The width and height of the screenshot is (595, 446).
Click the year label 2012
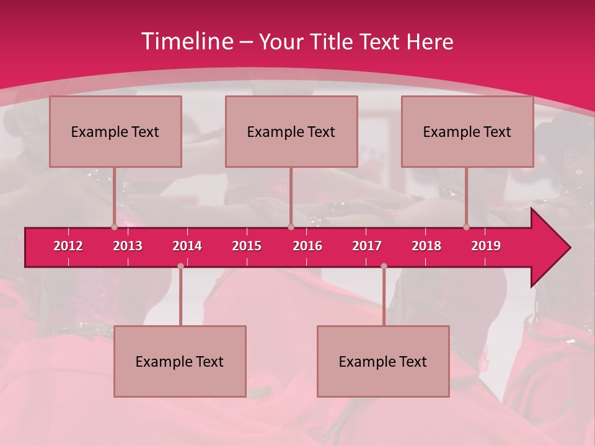(x=68, y=246)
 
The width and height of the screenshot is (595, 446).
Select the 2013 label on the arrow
(x=128, y=246)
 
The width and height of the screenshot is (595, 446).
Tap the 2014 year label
(x=187, y=246)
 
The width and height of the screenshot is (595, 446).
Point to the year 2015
(x=247, y=246)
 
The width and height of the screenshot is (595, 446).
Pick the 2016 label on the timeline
(x=307, y=246)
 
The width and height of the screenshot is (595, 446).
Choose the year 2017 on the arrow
(x=367, y=246)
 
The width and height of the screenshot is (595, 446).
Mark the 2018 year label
(x=426, y=246)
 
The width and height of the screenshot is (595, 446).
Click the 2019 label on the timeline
(x=486, y=246)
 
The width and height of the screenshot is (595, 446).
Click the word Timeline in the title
(x=187, y=42)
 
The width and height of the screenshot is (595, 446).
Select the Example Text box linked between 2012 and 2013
(x=115, y=131)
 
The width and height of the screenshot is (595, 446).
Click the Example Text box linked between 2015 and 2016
(x=291, y=131)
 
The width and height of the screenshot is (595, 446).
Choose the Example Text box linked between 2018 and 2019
(x=467, y=131)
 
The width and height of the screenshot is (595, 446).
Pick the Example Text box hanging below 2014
(x=180, y=361)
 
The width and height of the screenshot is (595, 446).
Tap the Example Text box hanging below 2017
(x=383, y=361)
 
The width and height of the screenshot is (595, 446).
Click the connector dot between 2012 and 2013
(x=114, y=227)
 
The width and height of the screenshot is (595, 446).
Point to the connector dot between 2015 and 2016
(x=291, y=227)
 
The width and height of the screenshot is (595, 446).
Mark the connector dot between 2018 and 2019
(x=466, y=227)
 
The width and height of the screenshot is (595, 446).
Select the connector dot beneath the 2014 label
(x=180, y=266)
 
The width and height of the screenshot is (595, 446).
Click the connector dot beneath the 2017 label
(x=384, y=266)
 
